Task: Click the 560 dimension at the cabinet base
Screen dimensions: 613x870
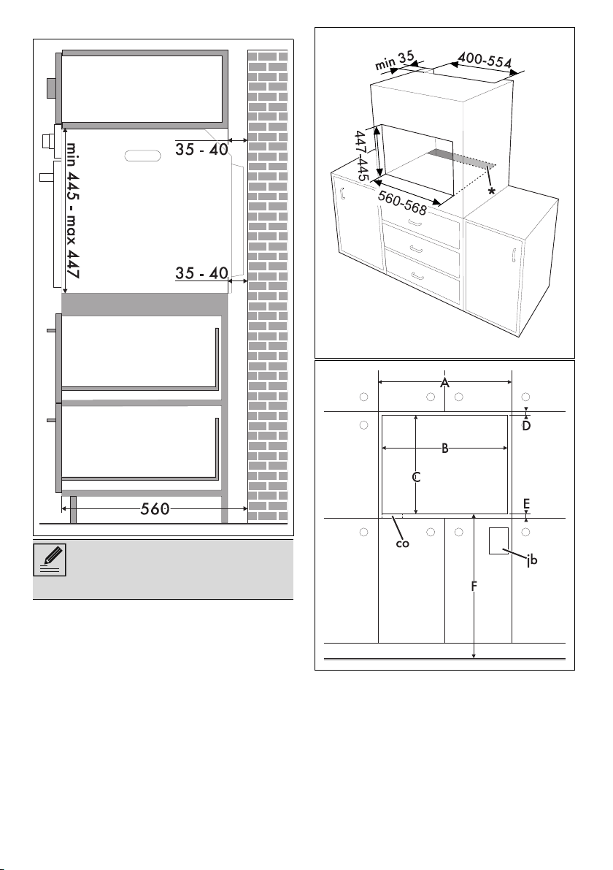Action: pyautogui.click(x=155, y=509)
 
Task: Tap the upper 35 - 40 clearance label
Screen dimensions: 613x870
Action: pyautogui.click(x=201, y=149)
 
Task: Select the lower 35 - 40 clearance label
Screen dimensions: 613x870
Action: pyautogui.click(x=201, y=273)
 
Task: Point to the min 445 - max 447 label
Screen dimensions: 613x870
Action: pyautogui.click(x=73, y=210)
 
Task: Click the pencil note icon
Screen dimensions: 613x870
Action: pyautogui.click(x=50, y=560)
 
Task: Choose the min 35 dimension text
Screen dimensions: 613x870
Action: pyautogui.click(x=396, y=61)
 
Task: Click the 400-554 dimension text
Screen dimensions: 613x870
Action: pyautogui.click(x=485, y=60)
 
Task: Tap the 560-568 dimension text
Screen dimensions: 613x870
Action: pyautogui.click(x=402, y=202)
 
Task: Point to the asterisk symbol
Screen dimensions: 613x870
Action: pyautogui.click(x=491, y=191)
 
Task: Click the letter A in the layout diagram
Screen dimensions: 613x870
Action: pyautogui.click(x=444, y=383)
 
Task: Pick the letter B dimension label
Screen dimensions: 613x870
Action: pyautogui.click(x=444, y=449)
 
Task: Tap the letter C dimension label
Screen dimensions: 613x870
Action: pyautogui.click(x=416, y=477)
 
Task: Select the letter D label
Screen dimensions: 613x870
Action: pyautogui.click(x=527, y=426)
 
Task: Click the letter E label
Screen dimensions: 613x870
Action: pyautogui.click(x=527, y=504)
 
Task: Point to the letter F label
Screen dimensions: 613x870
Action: pyautogui.click(x=474, y=586)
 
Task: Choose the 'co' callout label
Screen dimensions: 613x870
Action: pyautogui.click(x=402, y=543)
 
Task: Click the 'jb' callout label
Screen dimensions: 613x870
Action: pyautogui.click(x=531, y=560)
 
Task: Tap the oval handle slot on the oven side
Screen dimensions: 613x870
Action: pyautogui.click(x=143, y=156)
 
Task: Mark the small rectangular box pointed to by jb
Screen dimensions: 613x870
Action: pyautogui.click(x=498, y=541)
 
